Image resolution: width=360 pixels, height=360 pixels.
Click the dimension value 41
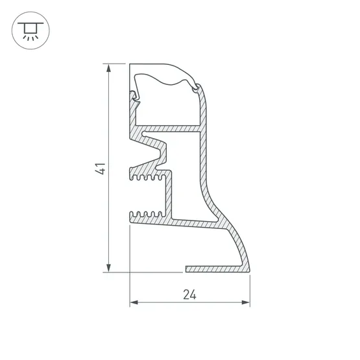[x=101, y=169]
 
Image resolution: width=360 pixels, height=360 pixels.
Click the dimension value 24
[x=189, y=294]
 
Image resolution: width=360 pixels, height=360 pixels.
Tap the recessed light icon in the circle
[x=30, y=30]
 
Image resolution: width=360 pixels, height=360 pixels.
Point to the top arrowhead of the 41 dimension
[x=108, y=67]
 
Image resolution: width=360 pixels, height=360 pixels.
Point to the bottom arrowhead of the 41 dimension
[x=108, y=268]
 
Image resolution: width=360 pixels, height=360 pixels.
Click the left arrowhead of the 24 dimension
[x=134, y=302]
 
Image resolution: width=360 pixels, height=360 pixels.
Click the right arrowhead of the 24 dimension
[x=246, y=302]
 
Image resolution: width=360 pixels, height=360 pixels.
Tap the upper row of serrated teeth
[x=147, y=177]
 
